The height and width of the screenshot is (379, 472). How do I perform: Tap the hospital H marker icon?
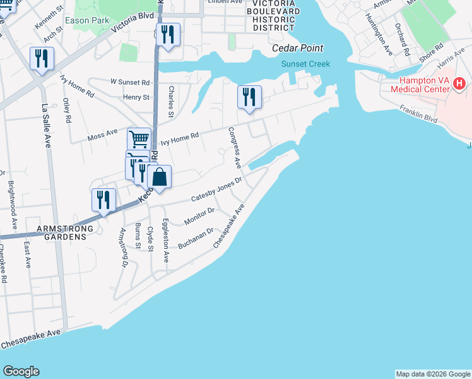pyautogui.click(x=459, y=82)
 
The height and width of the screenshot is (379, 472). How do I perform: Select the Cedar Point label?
pyautogui.click(x=297, y=48)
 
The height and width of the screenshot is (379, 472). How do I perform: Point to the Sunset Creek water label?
pyautogui.click(x=305, y=63)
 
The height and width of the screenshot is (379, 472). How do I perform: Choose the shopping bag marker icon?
pyautogui.click(x=160, y=178)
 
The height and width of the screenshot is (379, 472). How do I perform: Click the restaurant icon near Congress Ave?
pyautogui.click(x=249, y=97)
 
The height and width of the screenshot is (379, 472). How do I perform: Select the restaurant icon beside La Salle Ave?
pyautogui.click(x=42, y=59)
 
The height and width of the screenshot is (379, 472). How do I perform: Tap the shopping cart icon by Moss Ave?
pyautogui.click(x=138, y=138)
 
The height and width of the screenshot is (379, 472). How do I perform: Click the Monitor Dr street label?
pyautogui.click(x=199, y=216)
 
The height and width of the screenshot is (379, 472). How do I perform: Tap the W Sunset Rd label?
pyautogui.click(x=130, y=82)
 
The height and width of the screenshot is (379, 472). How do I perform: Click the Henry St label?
pyautogui.click(x=136, y=97)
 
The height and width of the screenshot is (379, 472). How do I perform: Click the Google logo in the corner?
pyautogui.click(x=21, y=371)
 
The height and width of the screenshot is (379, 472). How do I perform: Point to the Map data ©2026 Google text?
pyautogui.click(x=432, y=374)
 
